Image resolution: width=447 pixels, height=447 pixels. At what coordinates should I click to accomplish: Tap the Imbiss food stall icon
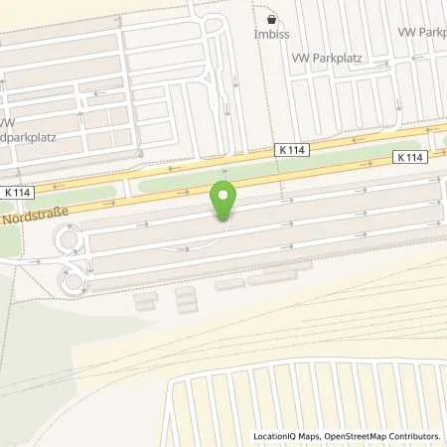coord(271,18)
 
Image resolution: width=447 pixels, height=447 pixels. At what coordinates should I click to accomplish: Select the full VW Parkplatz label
coord(327,58)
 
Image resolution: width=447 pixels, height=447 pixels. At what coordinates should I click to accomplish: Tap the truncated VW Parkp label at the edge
coord(421,33)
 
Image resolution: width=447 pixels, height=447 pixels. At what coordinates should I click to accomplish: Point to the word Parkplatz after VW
coord(337,58)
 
